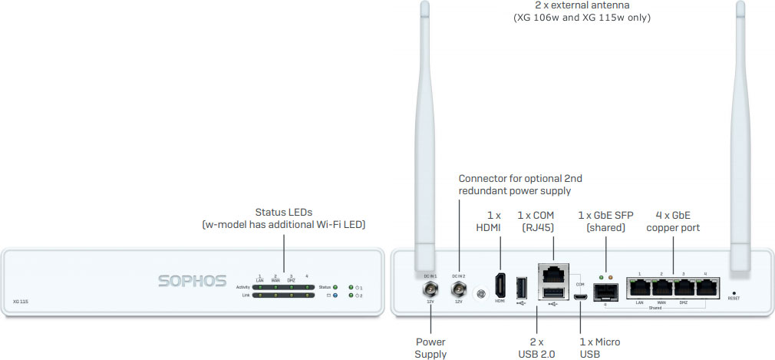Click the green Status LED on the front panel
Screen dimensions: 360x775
(335, 286)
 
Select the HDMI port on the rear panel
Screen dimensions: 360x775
(500, 286)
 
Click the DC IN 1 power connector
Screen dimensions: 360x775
(430, 289)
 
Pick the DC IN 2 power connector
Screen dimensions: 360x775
(458, 289)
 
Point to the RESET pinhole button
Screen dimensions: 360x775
(734, 293)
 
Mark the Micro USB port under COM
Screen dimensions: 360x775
(581, 296)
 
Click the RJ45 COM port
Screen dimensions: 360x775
(551, 274)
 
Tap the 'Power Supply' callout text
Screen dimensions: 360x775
(430, 348)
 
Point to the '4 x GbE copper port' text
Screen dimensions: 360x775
(673, 222)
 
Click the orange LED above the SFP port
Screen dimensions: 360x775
(612, 276)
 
